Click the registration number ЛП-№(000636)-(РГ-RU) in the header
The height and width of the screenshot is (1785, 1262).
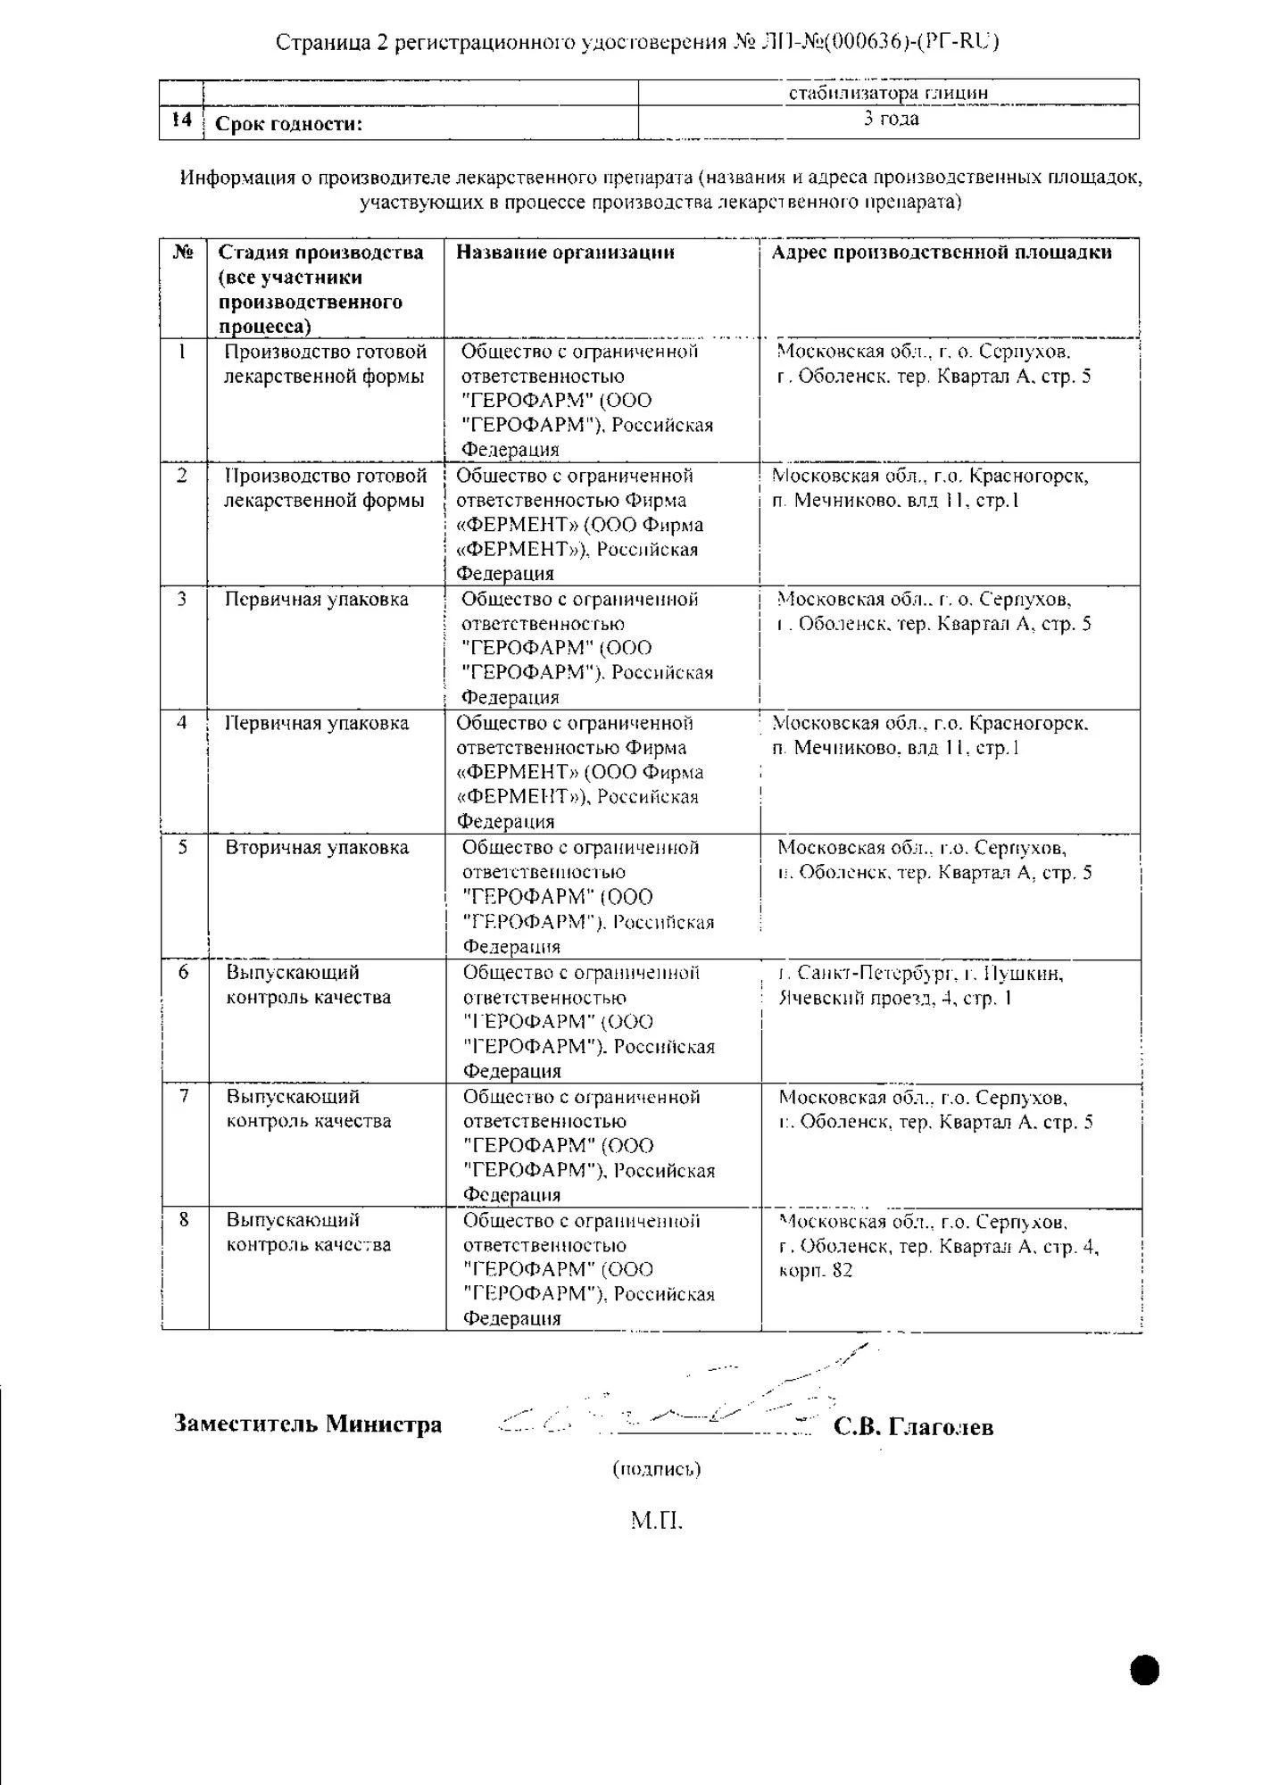(878, 42)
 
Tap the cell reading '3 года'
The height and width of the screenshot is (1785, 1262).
(890, 120)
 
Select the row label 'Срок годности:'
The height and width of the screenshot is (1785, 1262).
(289, 124)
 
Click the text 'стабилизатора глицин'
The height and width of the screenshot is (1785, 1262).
(888, 93)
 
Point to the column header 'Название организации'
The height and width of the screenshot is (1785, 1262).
(565, 253)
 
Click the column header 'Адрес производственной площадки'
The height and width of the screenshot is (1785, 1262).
(942, 253)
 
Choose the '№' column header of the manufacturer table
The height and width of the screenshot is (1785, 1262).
(183, 253)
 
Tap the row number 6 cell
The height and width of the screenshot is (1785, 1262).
(184, 972)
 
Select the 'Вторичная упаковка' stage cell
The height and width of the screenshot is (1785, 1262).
(317, 848)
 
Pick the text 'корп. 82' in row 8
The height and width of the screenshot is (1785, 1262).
(816, 1270)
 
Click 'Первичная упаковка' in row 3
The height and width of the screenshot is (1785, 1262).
(316, 600)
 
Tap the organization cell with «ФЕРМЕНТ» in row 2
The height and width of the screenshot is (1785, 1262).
(580, 525)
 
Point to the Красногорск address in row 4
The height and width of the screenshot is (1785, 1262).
(930, 735)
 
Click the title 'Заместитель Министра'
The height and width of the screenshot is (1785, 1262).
(308, 1423)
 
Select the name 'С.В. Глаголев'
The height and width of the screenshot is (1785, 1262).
(913, 1427)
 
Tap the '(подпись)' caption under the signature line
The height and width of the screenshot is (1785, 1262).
(657, 1468)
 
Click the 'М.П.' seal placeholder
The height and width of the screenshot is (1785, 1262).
(656, 1520)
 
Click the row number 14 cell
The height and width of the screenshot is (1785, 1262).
(181, 120)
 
